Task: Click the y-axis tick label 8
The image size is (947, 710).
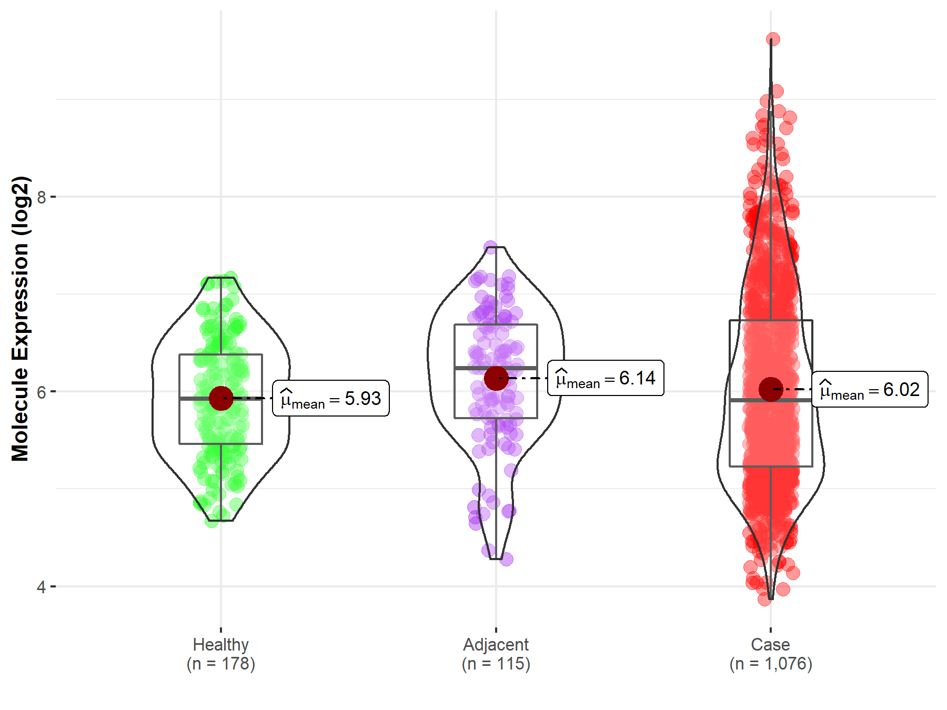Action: click(41, 197)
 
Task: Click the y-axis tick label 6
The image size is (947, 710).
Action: click(41, 392)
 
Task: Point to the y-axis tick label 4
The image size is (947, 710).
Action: click(41, 586)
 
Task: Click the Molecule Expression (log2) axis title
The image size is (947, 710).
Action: click(20, 319)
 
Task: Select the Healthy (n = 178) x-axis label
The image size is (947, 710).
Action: click(220, 654)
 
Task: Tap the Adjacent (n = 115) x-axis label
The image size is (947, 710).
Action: click(496, 654)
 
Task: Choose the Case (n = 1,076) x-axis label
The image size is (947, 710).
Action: click(771, 654)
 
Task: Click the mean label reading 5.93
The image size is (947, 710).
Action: click(331, 399)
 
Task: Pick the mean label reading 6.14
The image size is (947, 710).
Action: click(606, 378)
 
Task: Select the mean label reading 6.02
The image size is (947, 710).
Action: click(870, 390)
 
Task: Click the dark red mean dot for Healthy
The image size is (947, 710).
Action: click(221, 398)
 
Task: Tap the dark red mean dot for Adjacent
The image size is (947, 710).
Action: click(496, 378)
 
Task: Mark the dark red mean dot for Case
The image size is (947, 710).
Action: click(771, 389)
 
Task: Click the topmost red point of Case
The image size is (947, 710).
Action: click(773, 39)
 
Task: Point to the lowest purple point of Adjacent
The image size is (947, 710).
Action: click(506, 560)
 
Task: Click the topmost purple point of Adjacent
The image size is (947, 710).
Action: click(491, 248)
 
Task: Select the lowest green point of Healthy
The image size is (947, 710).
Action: click(212, 521)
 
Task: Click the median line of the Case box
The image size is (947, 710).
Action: click(789, 400)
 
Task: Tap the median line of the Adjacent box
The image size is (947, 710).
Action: click(516, 368)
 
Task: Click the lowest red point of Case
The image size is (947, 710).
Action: click(764, 599)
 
